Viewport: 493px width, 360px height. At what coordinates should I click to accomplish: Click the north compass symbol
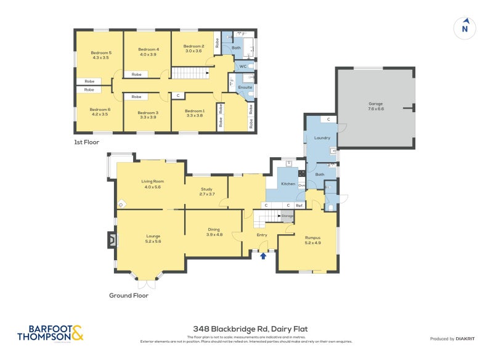465,28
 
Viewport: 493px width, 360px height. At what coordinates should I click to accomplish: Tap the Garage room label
376,104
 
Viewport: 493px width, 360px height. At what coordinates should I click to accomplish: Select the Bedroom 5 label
100,53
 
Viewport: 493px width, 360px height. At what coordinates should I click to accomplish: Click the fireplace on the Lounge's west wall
112,239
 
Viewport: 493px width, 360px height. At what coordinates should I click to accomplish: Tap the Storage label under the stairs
287,216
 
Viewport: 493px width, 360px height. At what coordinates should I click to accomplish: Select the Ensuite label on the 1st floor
245,87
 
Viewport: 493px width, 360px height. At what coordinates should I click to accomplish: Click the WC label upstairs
243,65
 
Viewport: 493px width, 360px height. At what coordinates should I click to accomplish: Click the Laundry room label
322,137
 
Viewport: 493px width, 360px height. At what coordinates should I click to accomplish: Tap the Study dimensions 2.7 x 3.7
207,194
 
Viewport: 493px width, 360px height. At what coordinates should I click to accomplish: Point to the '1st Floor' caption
87,142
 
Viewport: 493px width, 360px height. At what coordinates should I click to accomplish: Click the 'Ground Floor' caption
129,295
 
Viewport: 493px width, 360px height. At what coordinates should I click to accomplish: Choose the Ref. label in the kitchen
299,205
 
